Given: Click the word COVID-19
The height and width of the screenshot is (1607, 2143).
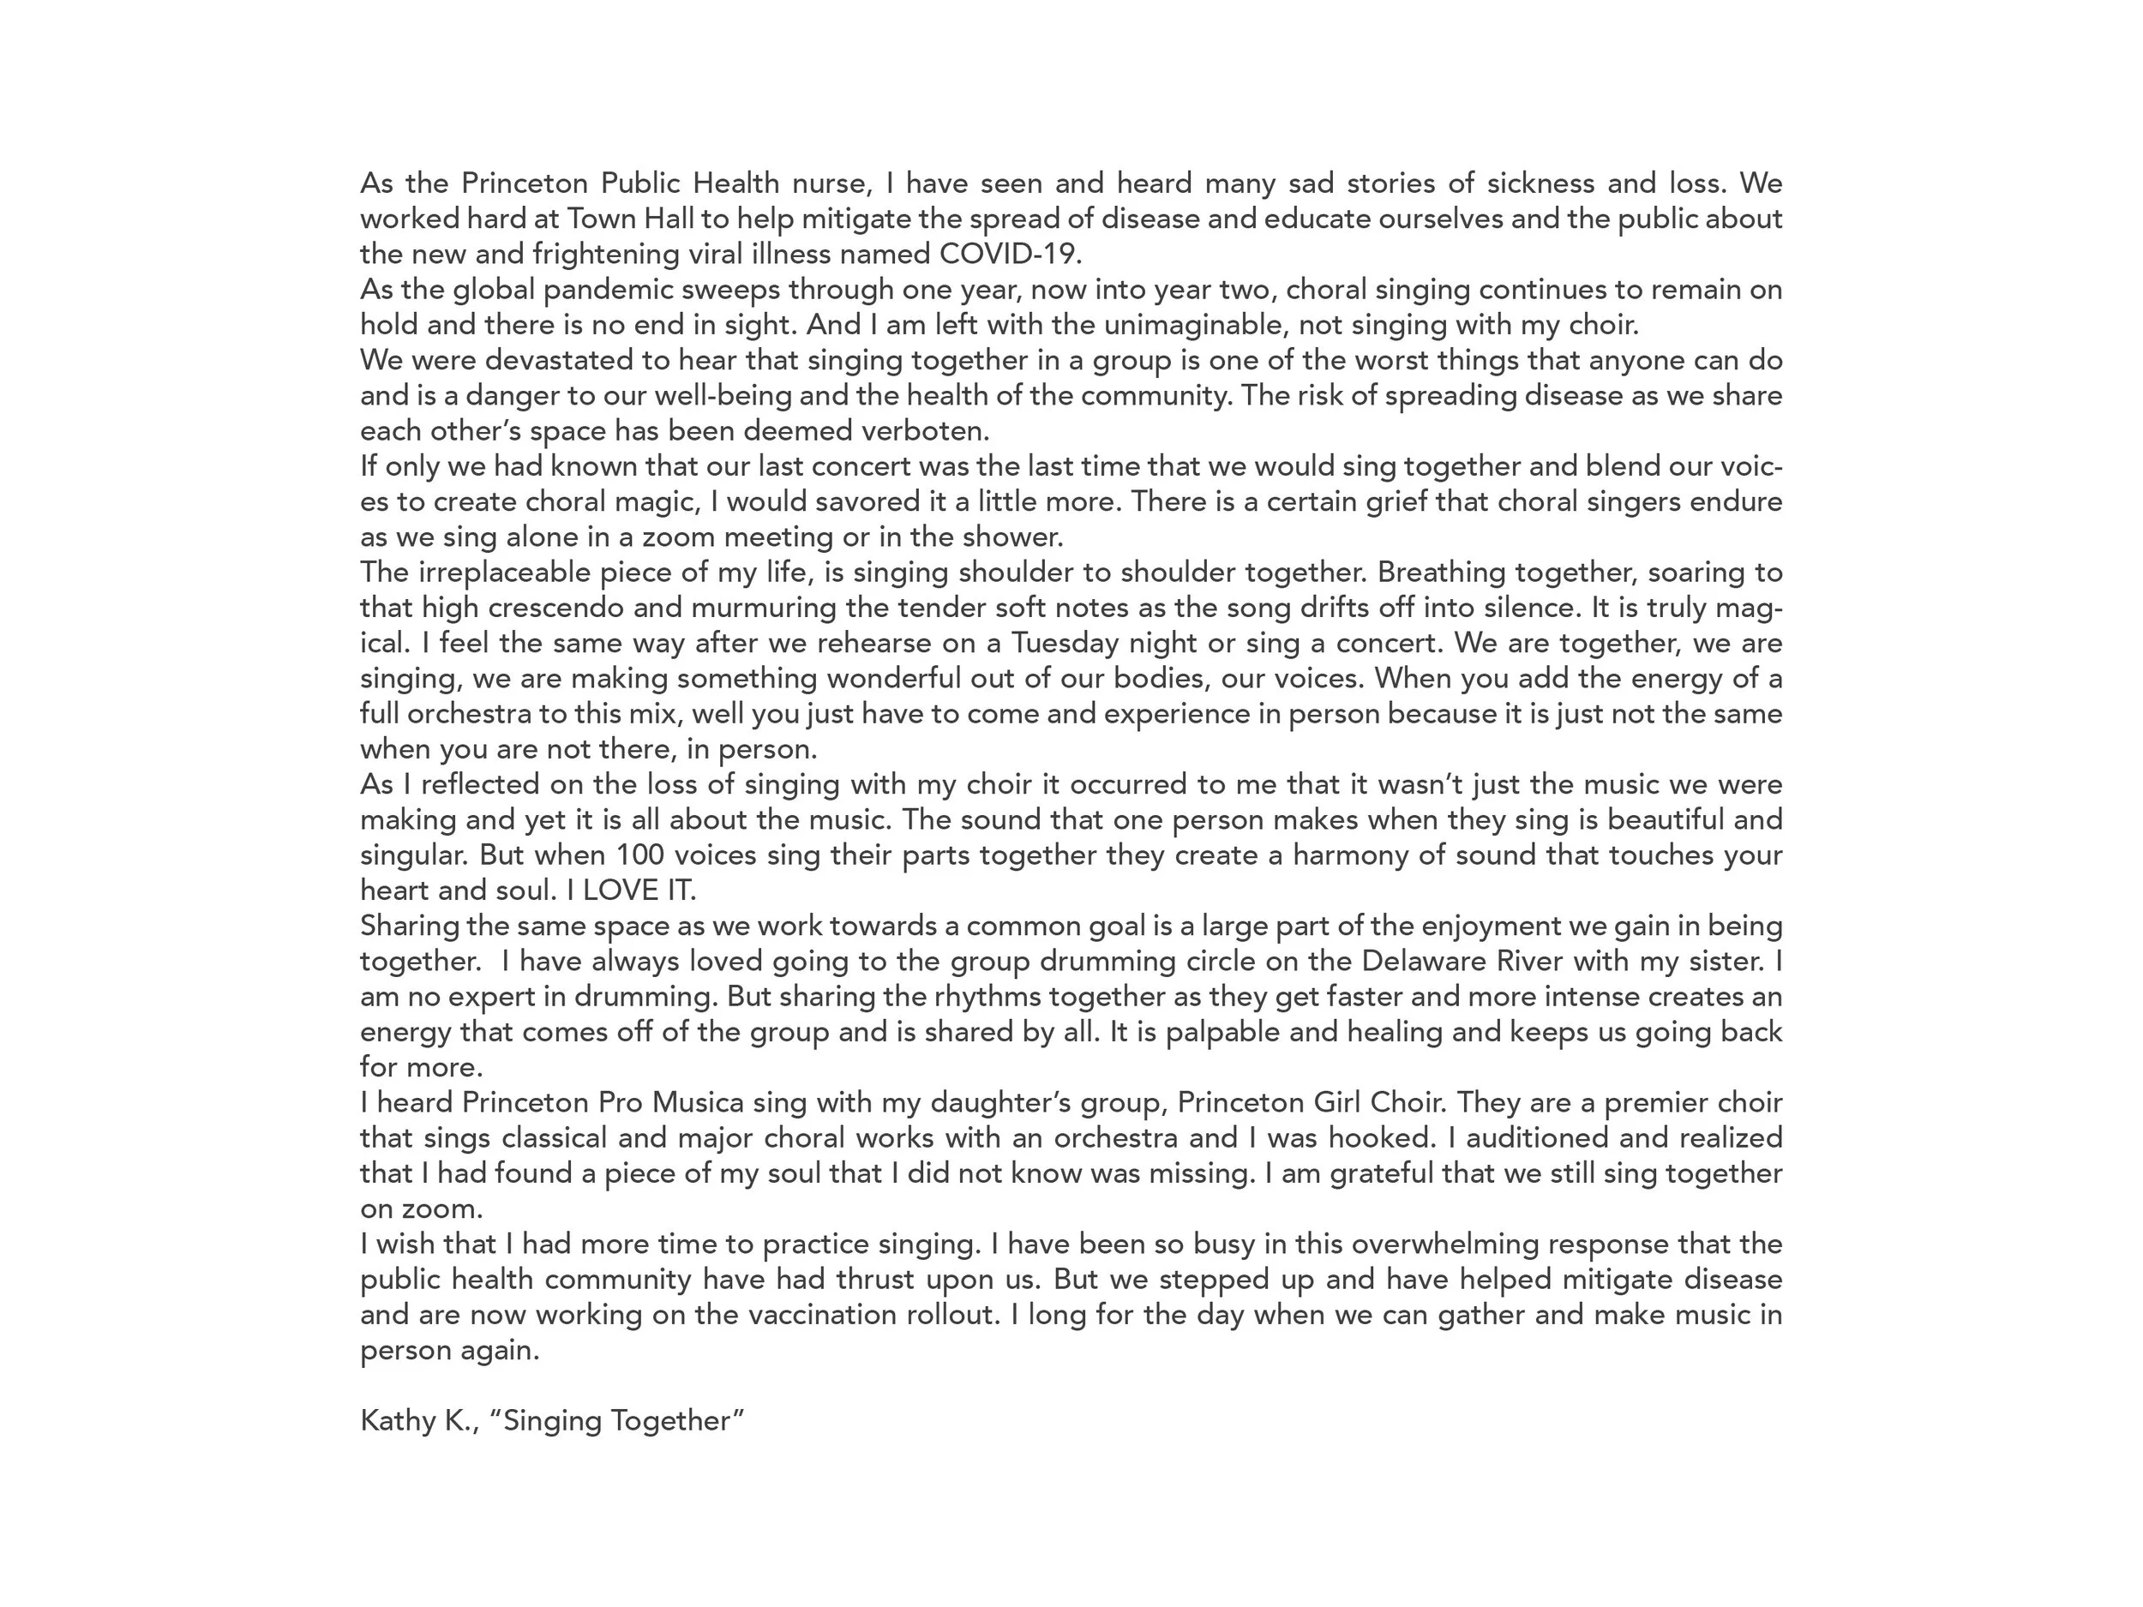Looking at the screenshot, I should pos(1010,254).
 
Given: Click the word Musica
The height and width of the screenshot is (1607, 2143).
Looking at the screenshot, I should pos(698,1102).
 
